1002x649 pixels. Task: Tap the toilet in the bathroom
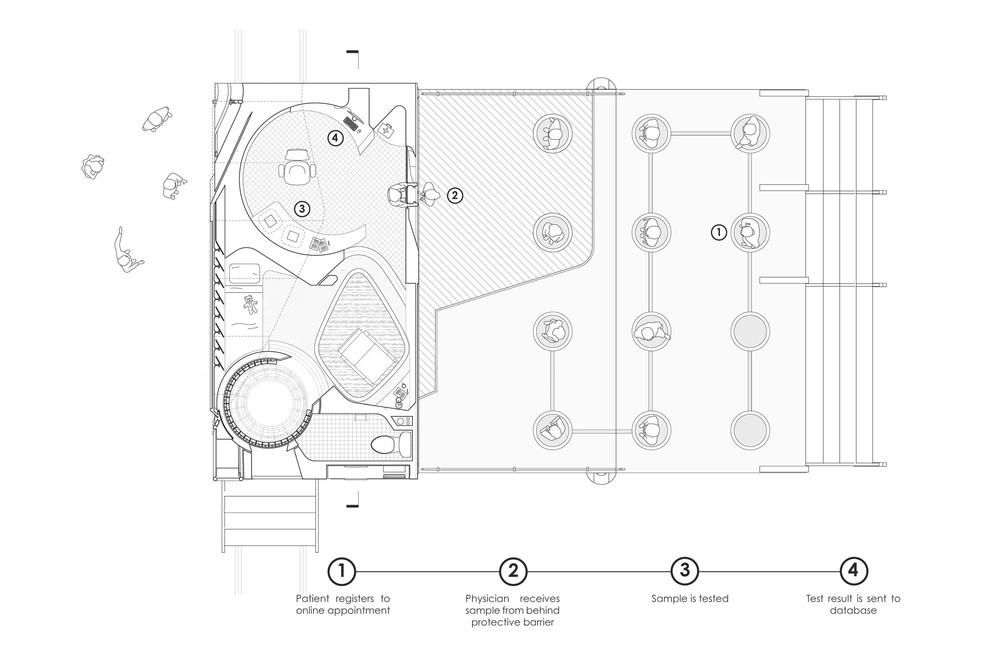pos(384,444)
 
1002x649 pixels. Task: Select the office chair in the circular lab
pos(296,167)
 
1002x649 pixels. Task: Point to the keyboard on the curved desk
pos(350,123)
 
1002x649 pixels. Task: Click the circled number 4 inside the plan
pos(335,138)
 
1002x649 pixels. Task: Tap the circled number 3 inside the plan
pos(302,209)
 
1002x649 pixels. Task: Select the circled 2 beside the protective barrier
pos(455,195)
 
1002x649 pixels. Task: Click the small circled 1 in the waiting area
pos(719,232)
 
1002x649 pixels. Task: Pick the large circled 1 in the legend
pos(341,571)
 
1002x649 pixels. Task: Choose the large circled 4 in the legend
pos(853,571)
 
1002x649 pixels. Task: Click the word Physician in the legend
pos(487,598)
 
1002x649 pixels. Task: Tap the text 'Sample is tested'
pos(690,598)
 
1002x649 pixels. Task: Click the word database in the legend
pos(853,610)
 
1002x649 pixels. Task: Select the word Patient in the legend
pos(313,598)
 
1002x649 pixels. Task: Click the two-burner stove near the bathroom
pos(403,421)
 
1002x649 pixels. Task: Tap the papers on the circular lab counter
pos(319,244)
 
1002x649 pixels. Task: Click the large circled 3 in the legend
pos(685,571)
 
